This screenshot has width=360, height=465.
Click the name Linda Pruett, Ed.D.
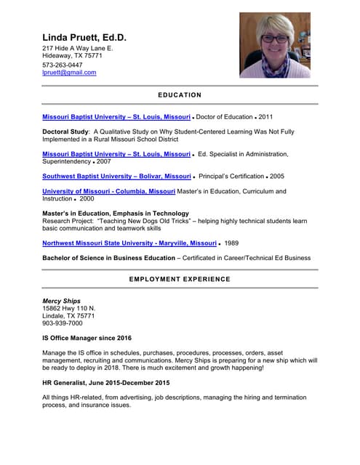[84, 37]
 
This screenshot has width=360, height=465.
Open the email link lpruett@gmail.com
[69, 73]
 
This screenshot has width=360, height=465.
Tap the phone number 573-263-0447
[62, 65]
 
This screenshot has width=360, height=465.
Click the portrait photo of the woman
[274, 45]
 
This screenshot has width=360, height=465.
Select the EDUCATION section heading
[180, 95]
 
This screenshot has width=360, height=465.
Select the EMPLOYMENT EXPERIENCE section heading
[180, 279]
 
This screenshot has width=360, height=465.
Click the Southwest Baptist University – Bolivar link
[116, 176]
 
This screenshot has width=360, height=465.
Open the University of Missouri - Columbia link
[108, 191]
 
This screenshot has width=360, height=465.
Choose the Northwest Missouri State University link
[129, 243]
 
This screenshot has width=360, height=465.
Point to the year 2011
[266, 116]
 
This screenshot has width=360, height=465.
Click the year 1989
[231, 243]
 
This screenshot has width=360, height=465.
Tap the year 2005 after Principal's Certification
[277, 176]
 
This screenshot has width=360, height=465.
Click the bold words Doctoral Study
[65, 132]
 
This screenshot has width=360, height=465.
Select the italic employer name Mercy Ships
[61, 301]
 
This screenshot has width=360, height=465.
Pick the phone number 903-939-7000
[63, 323]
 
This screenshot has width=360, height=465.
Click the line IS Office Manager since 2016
[87, 338]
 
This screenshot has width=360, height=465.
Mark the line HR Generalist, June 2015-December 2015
[105, 382]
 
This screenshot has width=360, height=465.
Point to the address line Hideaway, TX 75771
[72, 55]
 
